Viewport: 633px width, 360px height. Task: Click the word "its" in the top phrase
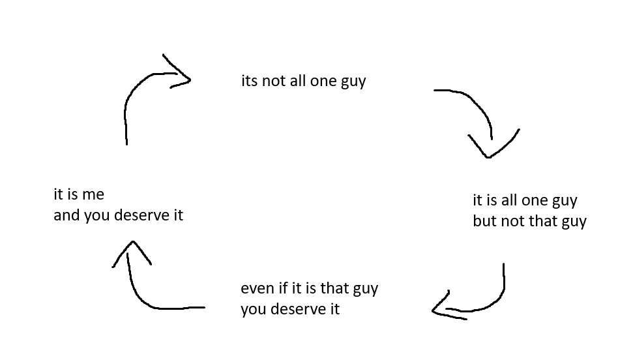(x=249, y=82)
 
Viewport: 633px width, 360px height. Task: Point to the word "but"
(x=484, y=221)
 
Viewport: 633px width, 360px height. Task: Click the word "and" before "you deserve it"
(x=66, y=215)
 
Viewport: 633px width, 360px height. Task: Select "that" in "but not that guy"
(x=544, y=221)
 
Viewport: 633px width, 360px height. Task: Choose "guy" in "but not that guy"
(x=574, y=222)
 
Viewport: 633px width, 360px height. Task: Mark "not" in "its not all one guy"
(x=274, y=82)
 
